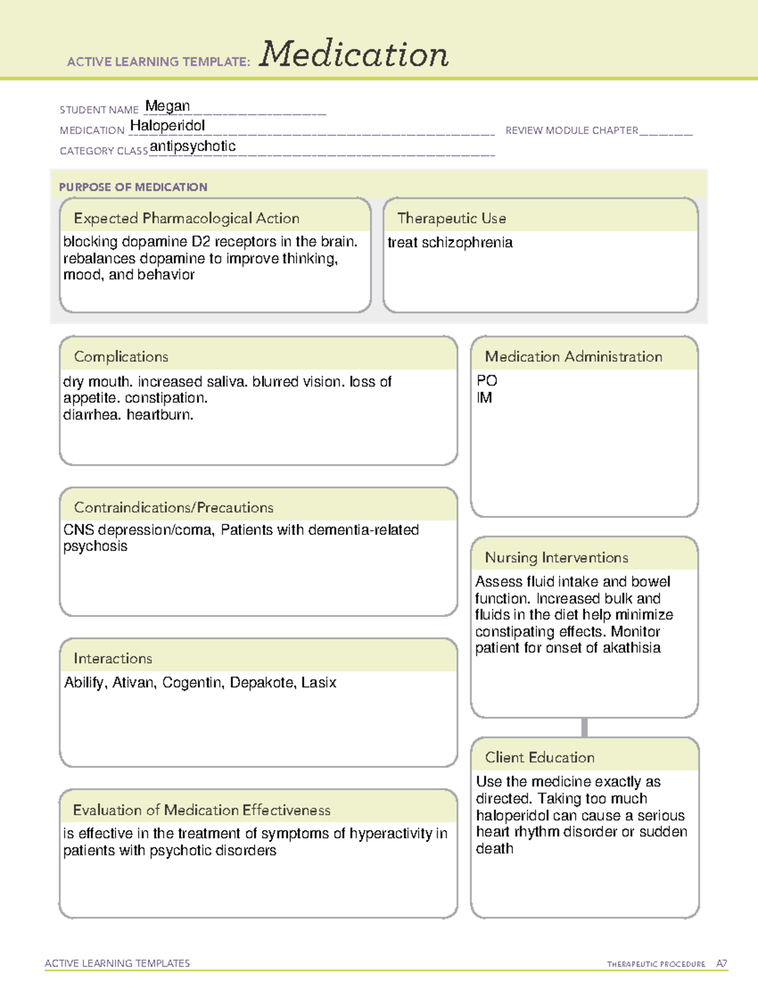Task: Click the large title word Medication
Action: tap(354, 54)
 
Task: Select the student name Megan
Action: tap(167, 106)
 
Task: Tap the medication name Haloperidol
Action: tap(167, 126)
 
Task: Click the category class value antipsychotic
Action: tap(193, 146)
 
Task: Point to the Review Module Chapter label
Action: tap(572, 130)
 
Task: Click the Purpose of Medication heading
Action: tap(133, 187)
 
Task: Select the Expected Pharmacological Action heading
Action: tap(186, 218)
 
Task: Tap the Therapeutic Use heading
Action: tap(452, 218)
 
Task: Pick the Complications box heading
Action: tap(121, 357)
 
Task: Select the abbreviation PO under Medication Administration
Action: tap(487, 381)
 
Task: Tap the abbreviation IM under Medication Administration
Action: tap(484, 398)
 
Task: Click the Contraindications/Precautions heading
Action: tap(174, 507)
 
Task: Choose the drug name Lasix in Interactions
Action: tap(319, 683)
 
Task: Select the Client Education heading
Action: tap(540, 758)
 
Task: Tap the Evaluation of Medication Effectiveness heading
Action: tap(202, 810)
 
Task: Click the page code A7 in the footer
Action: tap(721, 964)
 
